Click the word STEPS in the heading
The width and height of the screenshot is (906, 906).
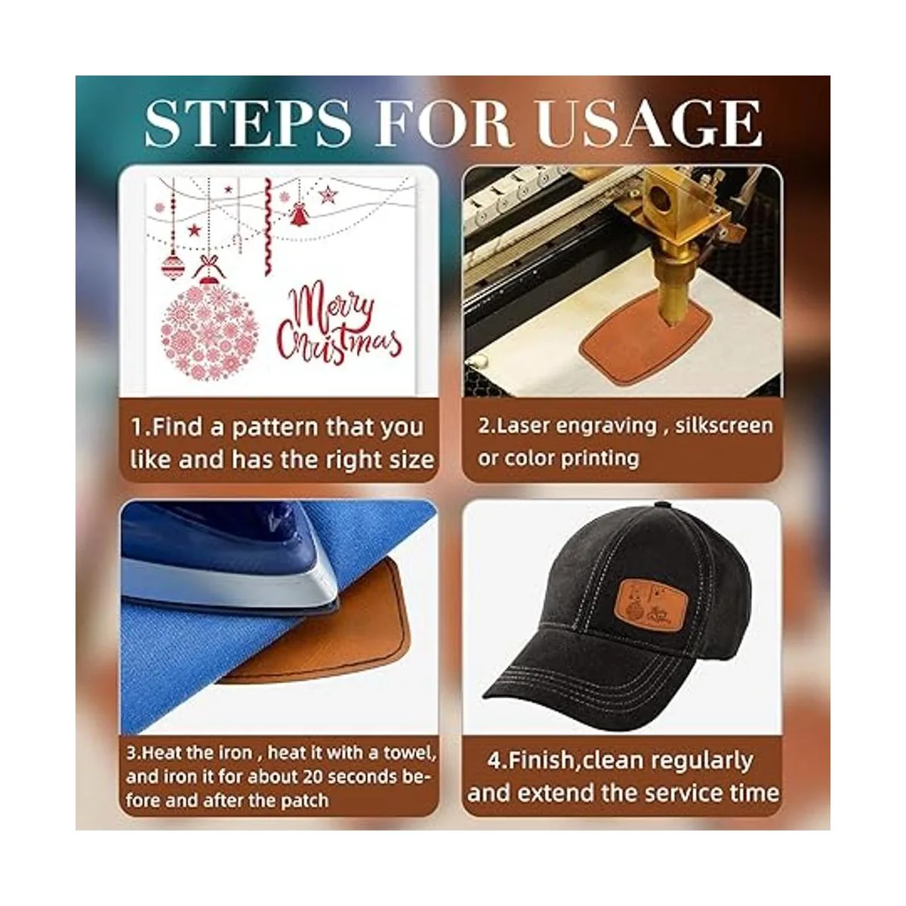248,124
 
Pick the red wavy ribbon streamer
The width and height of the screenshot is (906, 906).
268,226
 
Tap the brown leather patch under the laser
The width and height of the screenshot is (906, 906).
647,334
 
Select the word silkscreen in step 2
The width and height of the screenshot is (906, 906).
724,426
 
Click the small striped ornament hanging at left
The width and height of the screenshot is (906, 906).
173,265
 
